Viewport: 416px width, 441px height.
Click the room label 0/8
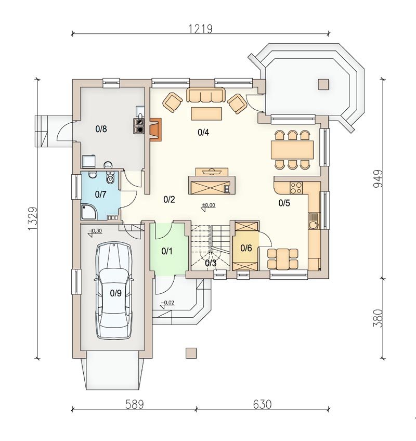click(101, 129)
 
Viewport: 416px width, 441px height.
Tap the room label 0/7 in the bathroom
click(100, 194)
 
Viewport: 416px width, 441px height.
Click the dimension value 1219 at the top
click(201, 29)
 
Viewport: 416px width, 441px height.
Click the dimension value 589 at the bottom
click(133, 404)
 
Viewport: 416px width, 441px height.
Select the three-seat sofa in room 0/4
click(205, 95)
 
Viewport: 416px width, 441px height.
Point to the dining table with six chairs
click(292, 150)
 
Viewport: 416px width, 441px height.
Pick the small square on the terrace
click(324, 84)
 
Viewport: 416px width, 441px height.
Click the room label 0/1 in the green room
click(166, 251)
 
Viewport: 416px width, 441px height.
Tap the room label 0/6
click(246, 248)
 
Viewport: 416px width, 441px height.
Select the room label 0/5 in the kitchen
click(284, 203)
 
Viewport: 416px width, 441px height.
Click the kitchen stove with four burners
click(296, 186)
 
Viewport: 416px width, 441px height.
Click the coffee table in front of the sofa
click(206, 113)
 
